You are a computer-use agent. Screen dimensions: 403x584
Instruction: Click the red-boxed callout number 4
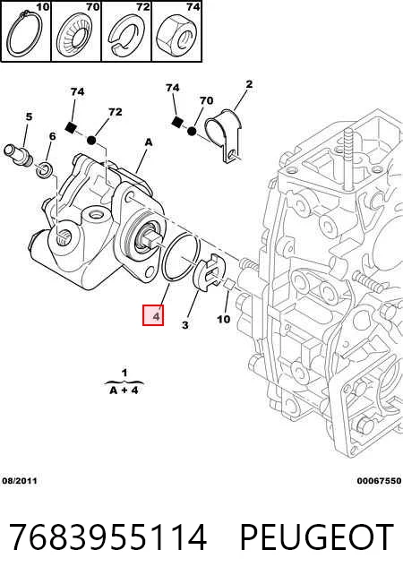pyautogui.click(x=153, y=315)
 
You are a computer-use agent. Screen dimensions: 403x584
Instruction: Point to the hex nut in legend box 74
pyautogui.click(x=177, y=35)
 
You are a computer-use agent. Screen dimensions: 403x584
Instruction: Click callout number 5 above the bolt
pyautogui.click(x=29, y=116)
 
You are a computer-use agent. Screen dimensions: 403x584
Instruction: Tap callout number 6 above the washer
pyautogui.click(x=52, y=136)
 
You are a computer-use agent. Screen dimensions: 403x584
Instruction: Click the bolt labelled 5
pyautogui.click(x=18, y=155)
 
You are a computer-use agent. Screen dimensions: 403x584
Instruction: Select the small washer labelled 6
pyautogui.click(x=45, y=169)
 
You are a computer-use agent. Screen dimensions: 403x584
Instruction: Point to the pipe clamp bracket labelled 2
pyautogui.click(x=224, y=135)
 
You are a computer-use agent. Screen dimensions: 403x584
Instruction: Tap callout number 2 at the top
pyautogui.click(x=249, y=84)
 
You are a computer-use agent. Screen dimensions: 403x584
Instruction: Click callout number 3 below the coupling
pyautogui.click(x=185, y=325)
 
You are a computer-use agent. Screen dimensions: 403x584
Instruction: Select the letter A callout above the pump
pyautogui.click(x=149, y=142)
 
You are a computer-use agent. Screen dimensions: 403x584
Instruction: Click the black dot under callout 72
pyautogui.click(x=91, y=141)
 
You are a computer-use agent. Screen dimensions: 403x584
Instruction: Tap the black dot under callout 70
pyautogui.click(x=192, y=131)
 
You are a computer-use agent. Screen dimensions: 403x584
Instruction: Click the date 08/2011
pyautogui.click(x=20, y=481)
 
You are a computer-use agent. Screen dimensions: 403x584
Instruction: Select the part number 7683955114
pyautogui.click(x=107, y=537)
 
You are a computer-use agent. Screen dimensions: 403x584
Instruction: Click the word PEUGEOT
pyautogui.click(x=317, y=537)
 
